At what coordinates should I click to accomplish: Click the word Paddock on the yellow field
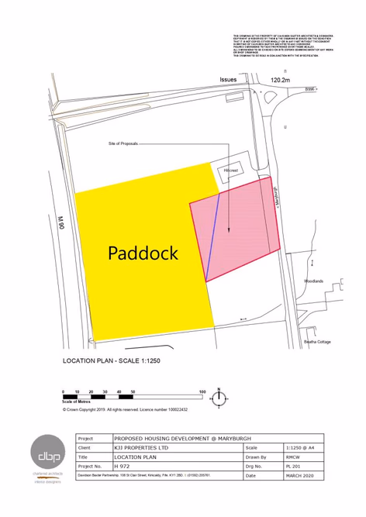[x=143, y=253]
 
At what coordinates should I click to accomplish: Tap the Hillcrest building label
[x=231, y=169]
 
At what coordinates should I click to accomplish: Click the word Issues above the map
[x=228, y=80]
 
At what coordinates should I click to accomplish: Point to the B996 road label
[x=310, y=90]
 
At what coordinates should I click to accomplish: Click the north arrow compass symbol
[x=219, y=398]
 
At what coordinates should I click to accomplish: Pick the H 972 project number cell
[x=122, y=467]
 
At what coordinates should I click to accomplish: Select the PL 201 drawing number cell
[x=294, y=467]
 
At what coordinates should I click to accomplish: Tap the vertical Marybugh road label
[x=275, y=198]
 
